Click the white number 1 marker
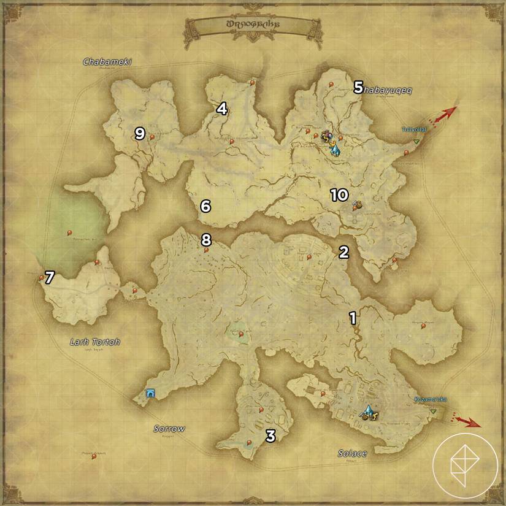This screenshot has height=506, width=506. pyautogui.click(x=353, y=318)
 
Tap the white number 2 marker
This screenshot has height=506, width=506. pyautogui.click(x=343, y=251)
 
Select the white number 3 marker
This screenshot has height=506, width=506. pyautogui.click(x=270, y=436)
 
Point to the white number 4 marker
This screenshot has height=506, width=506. pyautogui.click(x=221, y=109)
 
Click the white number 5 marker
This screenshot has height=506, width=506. pyautogui.click(x=358, y=88)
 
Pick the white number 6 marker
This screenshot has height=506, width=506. pyautogui.click(x=205, y=206)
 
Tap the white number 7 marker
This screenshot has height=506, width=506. pyautogui.click(x=49, y=277)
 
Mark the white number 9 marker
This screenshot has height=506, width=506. pyautogui.click(x=139, y=133)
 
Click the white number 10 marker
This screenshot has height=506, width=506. pyautogui.click(x=339, y=195)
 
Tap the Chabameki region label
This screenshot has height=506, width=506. pyautogui.click(x=108, y=61)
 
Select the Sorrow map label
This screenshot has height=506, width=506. pyautogui.click(x=169, y=429)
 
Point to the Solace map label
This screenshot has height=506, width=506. pyautogui.click(x=352, y=453)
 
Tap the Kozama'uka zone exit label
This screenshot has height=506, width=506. pyautogui.click(x=430, y=400)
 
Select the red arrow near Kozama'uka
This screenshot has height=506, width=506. pyautogui.click(x=468, y=421)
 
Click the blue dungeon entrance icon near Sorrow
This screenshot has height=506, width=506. pyautogui.click(x=149, y=393)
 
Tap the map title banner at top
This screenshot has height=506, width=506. pyautogui.click(x=252, y=26)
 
